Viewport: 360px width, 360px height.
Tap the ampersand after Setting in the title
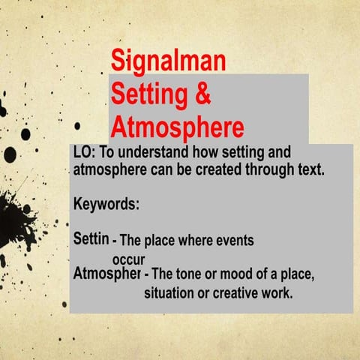pos(201,95)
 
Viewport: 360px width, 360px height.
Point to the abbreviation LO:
pos(85,152)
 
